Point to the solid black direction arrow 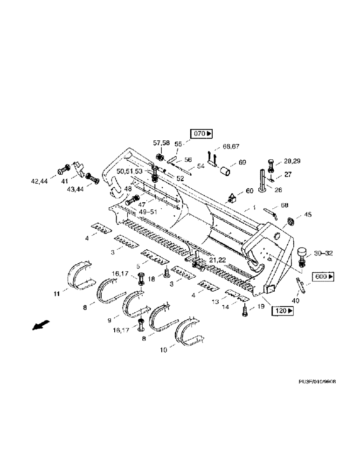41,325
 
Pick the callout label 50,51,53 129,172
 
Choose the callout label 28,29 291,161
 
